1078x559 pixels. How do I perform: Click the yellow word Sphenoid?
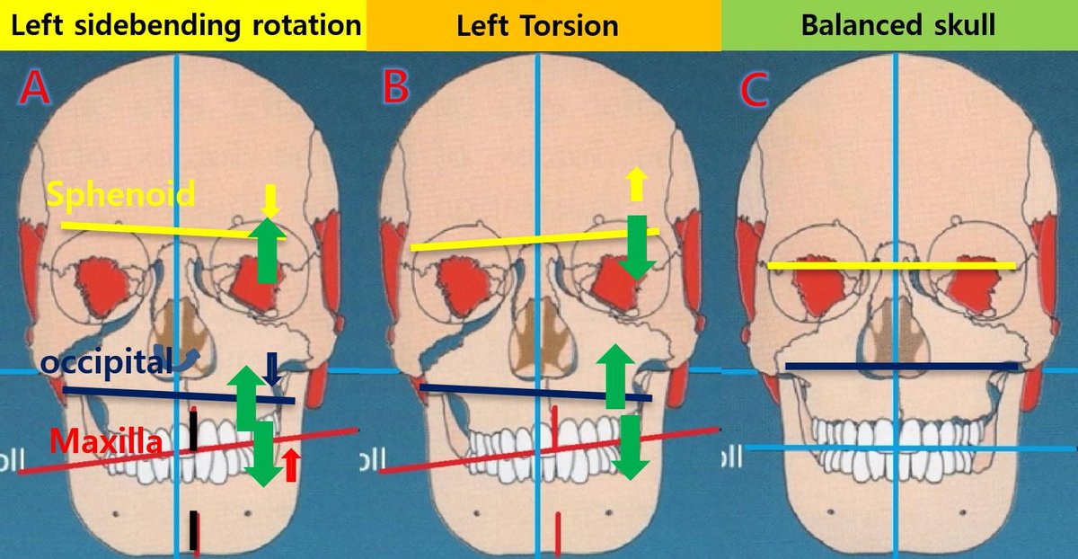click(121, 194)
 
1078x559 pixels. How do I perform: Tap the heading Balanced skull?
click(897, 25)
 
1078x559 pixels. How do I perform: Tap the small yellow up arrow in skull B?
click(636, 184)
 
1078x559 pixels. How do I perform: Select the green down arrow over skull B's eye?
click(639, 247)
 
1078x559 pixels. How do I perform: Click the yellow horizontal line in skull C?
click(891, 265)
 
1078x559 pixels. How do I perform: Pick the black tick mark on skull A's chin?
click(194, 530)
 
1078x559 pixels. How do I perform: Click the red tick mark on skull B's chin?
click(559, 529)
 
